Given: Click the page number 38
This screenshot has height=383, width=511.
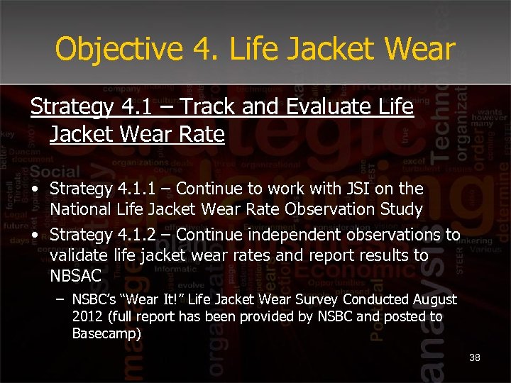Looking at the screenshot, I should point(475,357).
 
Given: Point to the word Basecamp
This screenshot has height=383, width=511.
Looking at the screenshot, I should point(106,333).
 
